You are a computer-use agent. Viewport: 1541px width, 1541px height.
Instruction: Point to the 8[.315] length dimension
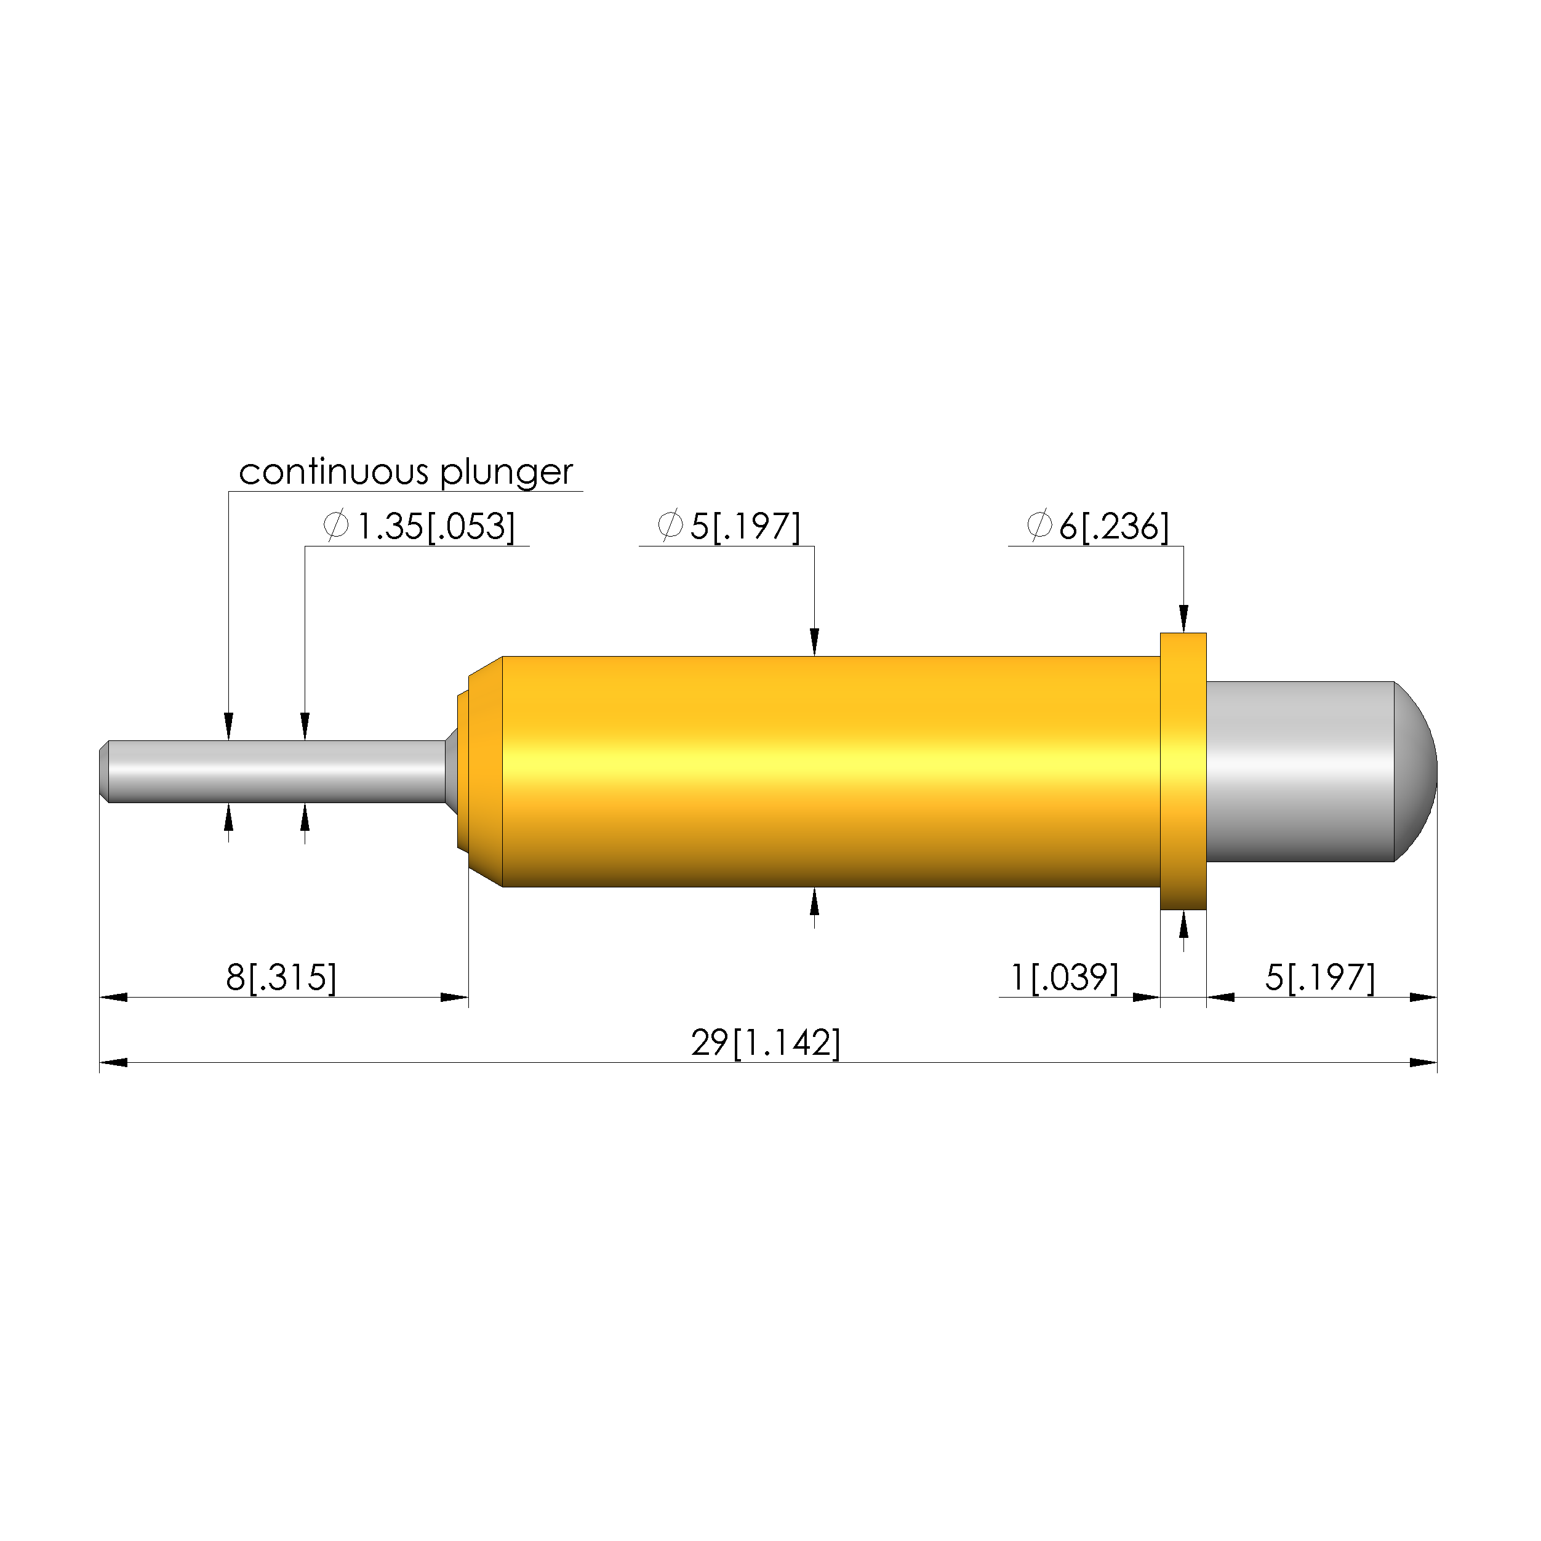(282, 978)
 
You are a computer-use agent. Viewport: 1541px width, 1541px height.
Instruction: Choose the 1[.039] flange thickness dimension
(1064, 978)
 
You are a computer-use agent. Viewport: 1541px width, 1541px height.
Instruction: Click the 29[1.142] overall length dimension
(766, 1043)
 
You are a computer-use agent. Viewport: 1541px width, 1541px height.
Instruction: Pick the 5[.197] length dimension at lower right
(1320, 978)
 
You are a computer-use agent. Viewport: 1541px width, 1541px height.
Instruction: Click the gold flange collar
(1183, 771)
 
